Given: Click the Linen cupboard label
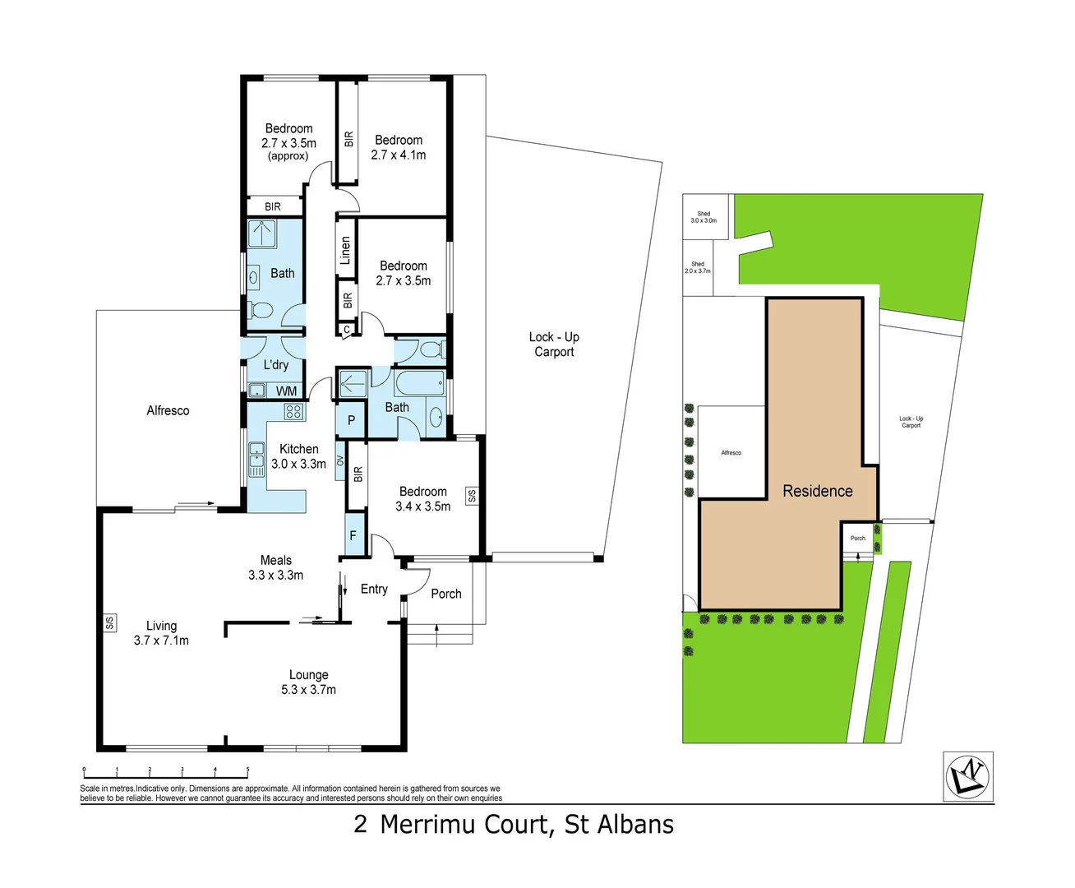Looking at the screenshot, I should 346,249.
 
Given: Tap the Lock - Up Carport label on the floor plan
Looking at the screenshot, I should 554,345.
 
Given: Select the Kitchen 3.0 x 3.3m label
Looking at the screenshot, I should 298,456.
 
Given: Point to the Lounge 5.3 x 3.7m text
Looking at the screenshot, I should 308,682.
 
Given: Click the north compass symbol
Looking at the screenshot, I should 968,775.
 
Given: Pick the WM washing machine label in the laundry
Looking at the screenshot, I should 286,391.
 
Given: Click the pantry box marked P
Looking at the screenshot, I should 351,421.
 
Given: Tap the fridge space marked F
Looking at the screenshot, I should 353,535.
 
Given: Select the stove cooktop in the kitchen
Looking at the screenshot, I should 293,411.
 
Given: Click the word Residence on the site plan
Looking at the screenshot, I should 817,491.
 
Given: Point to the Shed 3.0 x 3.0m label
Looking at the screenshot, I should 704,217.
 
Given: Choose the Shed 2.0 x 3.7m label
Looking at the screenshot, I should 698,267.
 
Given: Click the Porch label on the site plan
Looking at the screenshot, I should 858,539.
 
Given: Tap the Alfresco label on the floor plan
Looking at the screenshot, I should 168,410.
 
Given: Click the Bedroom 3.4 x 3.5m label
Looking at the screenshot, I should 422,499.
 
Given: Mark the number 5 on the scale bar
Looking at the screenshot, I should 247,770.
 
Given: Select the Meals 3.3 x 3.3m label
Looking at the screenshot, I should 275,567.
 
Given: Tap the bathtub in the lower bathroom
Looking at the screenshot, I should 419,383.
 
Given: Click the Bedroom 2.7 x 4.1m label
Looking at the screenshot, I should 399,147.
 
